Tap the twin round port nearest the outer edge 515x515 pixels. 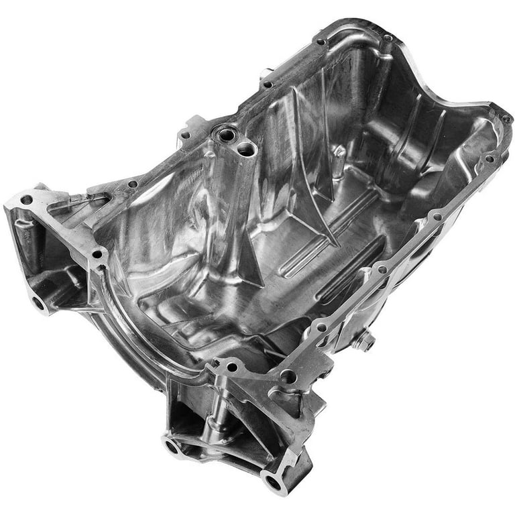pos(226,135)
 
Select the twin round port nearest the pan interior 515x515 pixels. pos(246,150)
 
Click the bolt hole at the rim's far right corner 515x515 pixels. pos(504,119)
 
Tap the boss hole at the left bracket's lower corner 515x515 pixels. pos(38,302)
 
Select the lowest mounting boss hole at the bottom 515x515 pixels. pos(273,480)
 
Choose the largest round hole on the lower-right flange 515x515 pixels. pos(288,377)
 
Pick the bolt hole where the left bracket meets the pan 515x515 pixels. pos(99,255)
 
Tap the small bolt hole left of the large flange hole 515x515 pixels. pos(233,367)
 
